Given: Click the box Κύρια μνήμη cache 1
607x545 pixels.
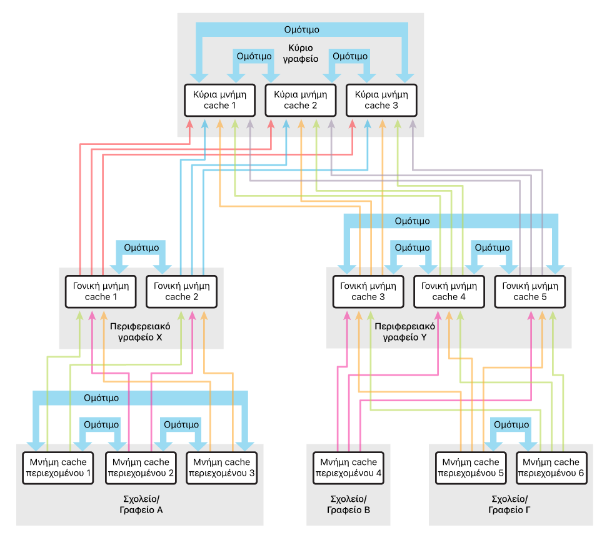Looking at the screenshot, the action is (219, 100).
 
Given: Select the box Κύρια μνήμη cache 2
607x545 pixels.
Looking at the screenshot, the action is (301, 100).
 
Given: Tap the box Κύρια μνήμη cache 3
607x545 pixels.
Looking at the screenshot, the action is (381, 100).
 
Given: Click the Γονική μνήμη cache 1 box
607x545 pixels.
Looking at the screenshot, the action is (101, 291).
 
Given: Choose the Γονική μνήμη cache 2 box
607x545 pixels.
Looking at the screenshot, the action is (181, 291).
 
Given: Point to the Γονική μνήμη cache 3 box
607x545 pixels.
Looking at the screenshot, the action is (368, 291).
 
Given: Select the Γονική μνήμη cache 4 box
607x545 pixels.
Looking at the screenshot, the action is (449, 291).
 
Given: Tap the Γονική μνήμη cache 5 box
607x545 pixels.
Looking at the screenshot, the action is (530, 291).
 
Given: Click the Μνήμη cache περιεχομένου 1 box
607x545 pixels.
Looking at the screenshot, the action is (58, 468).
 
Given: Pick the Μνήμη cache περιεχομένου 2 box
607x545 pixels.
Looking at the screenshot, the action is (141, 468).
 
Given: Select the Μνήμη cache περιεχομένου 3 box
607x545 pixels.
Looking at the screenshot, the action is (222, 468).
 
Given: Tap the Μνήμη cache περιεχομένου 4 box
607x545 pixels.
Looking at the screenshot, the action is (348, 468).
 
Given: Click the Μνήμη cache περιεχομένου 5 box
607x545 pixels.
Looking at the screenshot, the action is (471, 468).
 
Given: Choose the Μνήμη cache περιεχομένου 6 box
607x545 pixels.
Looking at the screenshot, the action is (551, 468).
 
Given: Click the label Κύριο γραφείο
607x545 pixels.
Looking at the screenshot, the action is (301, 53).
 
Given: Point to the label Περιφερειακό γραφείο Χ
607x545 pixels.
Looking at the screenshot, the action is (140, 332).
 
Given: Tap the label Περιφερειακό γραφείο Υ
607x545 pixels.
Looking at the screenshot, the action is (404, 332).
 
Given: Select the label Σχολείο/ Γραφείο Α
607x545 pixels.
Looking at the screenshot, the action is (141, 504).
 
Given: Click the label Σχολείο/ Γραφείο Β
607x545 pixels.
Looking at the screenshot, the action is (348, 504).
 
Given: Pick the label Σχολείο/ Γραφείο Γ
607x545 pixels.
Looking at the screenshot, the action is (509, 504).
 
